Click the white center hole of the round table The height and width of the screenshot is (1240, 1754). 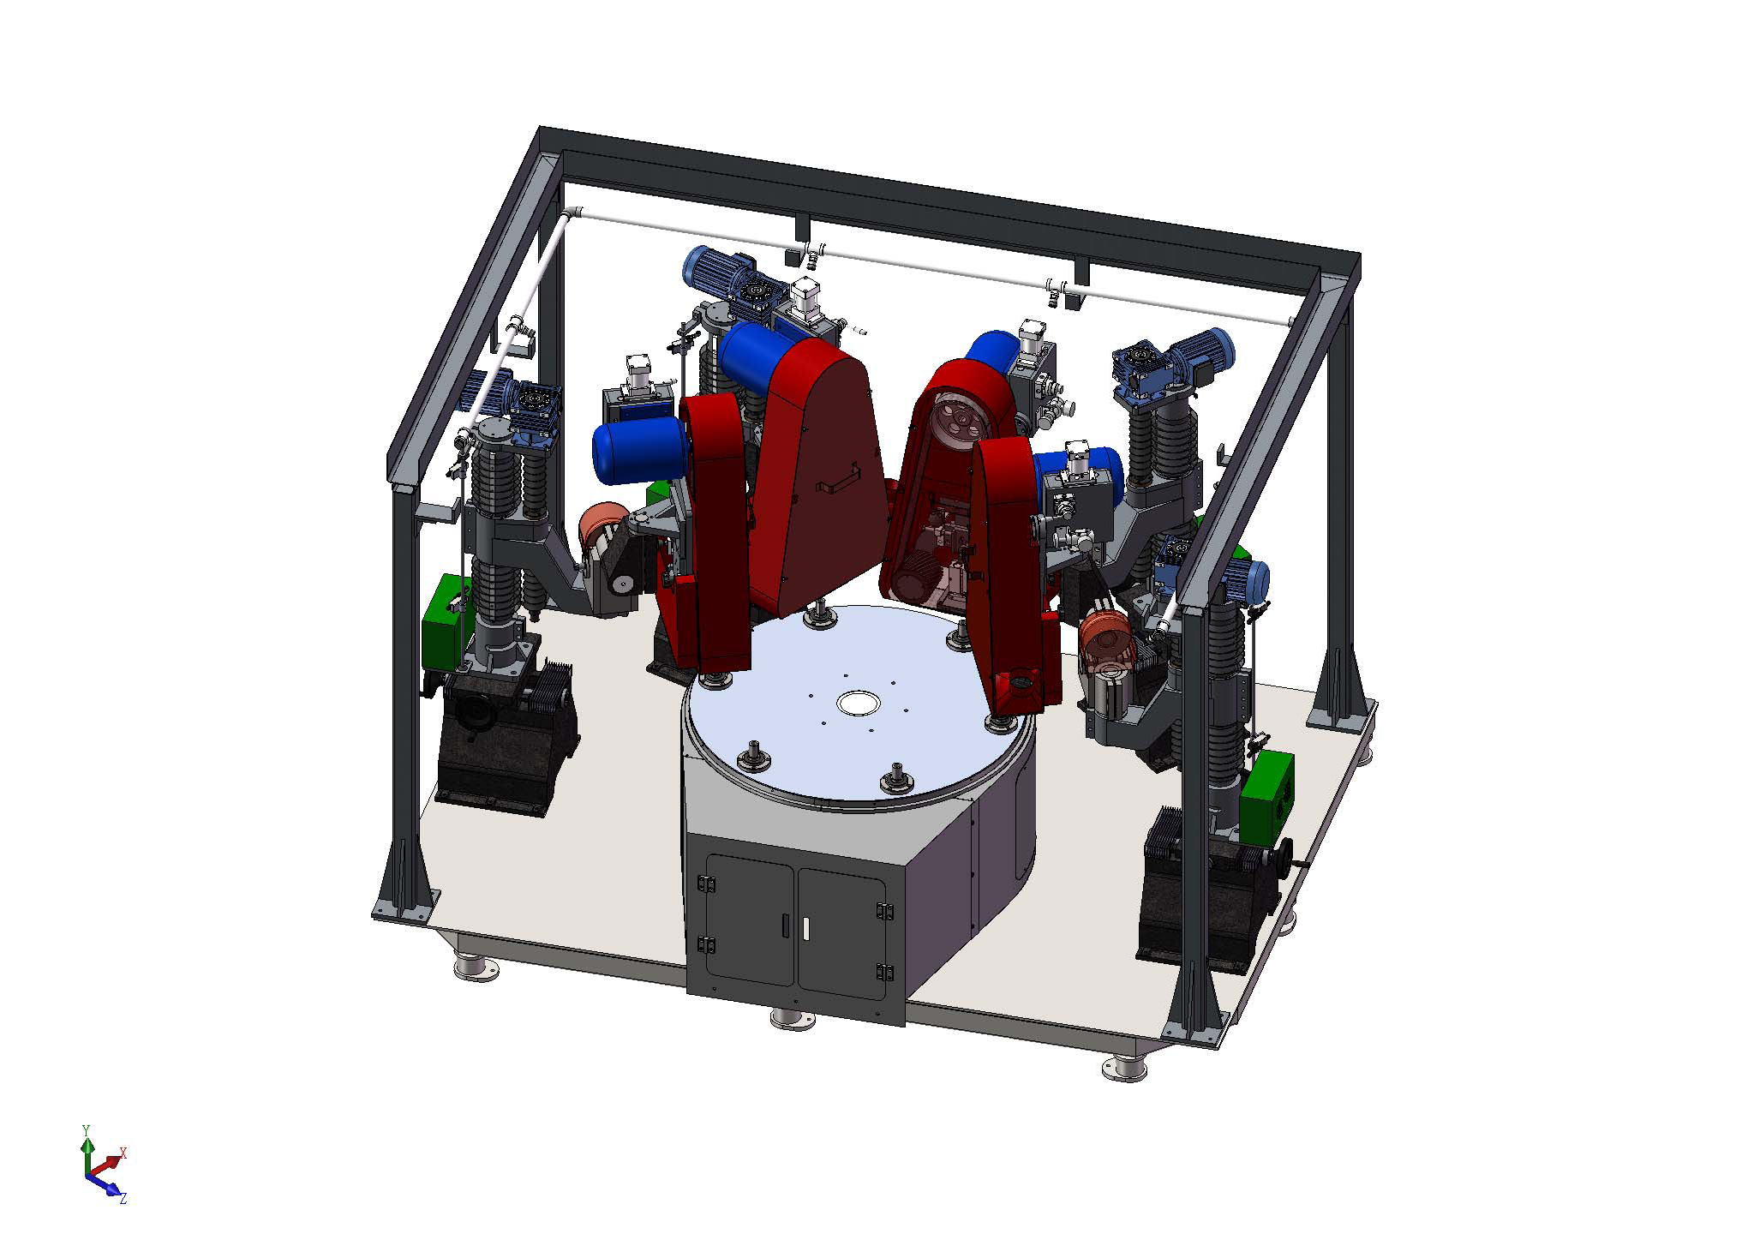pyautogui.click(x=859, y=703)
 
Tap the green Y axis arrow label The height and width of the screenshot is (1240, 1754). pyautogui.click(x=85, y=1130)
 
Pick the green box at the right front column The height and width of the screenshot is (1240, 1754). pyautogui.click(x=1266, y=796)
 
